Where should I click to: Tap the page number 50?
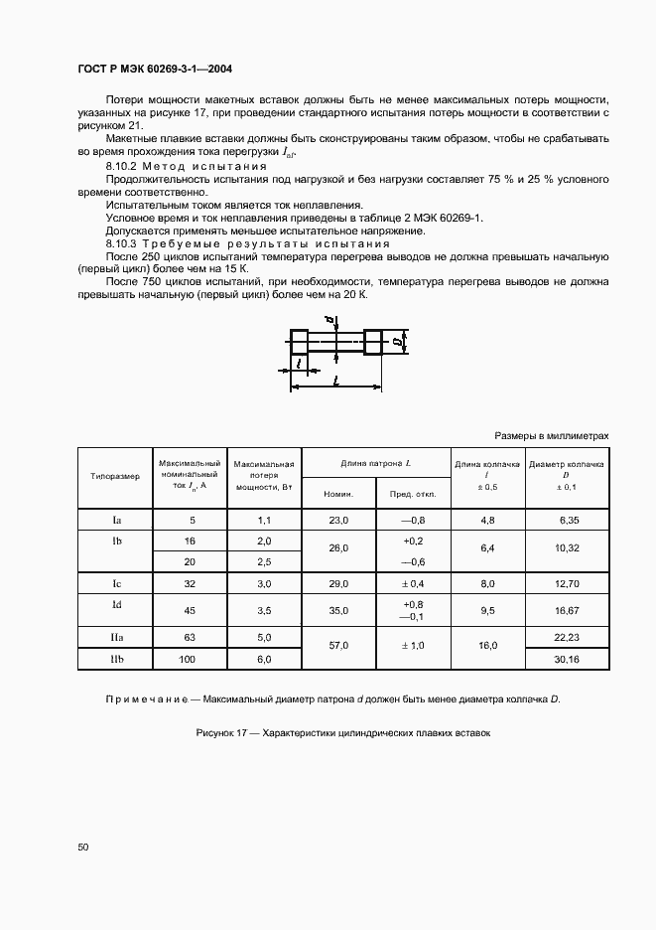(x=82, y=847)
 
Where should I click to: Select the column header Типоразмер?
(x=115, y=476)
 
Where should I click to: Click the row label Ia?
(x=115, y=520)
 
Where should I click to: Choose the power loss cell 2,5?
(x=264, y=561)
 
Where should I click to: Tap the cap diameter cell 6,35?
(x=567, y=520)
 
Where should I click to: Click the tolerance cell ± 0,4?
(x=413, y=583)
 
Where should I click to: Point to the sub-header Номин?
(x=338, y=493)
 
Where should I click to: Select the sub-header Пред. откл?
(x=413, y=493)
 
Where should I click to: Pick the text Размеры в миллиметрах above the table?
(x=551, y=436)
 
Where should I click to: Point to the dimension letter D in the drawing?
(x=396, y=343)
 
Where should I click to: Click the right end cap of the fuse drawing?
(x=374, y=343)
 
